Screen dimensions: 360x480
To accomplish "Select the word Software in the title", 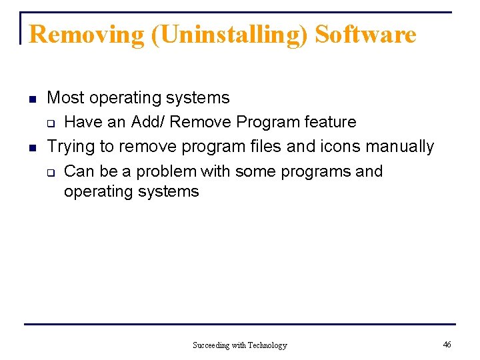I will click(365, 34).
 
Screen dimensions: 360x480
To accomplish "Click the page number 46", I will click(447, 344).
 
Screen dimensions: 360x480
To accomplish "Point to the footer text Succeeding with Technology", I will click(240, 345).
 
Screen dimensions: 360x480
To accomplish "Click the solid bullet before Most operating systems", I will click(31, 99).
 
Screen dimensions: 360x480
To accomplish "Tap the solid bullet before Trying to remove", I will click(31, 147).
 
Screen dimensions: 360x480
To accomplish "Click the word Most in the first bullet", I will click(65, 98).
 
